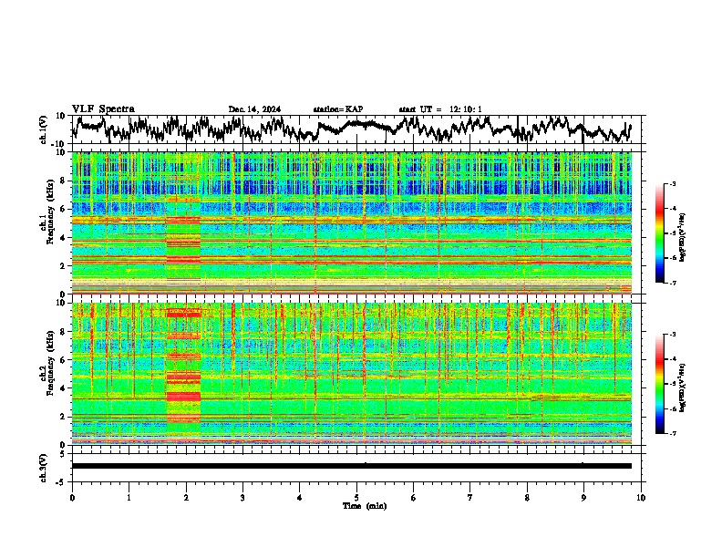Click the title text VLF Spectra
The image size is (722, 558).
103,109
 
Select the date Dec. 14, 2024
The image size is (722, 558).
254,109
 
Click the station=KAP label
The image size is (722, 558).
337,109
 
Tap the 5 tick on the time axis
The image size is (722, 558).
356,497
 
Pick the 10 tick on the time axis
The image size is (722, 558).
641,497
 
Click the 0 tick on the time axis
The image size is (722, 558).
72,497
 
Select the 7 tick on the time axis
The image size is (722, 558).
470,497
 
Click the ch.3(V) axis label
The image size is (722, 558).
44,466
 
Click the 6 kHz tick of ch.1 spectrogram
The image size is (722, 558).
64,210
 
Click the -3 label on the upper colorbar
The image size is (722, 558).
672,184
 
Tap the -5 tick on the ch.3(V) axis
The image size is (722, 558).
63,480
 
